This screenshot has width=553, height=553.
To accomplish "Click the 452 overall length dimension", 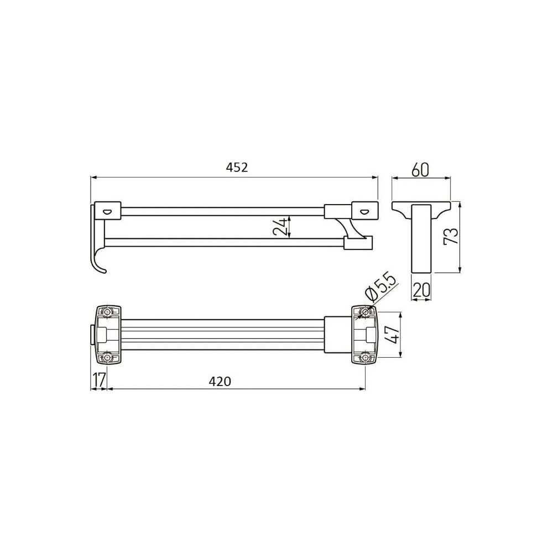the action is click(237, 167).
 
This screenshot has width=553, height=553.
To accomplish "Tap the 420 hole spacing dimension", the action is click(220, 381).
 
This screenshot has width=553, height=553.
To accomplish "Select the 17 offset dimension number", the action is click(99, 379).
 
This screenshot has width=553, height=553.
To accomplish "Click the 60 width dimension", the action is click(420, 170).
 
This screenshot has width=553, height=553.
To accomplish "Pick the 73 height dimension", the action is click(451, 235).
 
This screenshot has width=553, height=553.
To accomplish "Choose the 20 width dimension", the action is click(421, 290).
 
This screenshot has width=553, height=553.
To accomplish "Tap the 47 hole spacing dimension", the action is click(392, 334).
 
